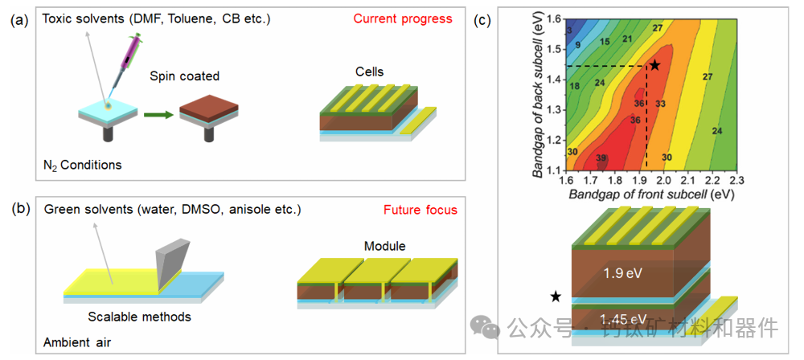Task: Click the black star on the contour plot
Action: (654, 64)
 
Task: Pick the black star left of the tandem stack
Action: (556, 297)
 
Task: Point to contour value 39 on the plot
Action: (602, 158)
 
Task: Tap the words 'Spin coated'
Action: (184, 76)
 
